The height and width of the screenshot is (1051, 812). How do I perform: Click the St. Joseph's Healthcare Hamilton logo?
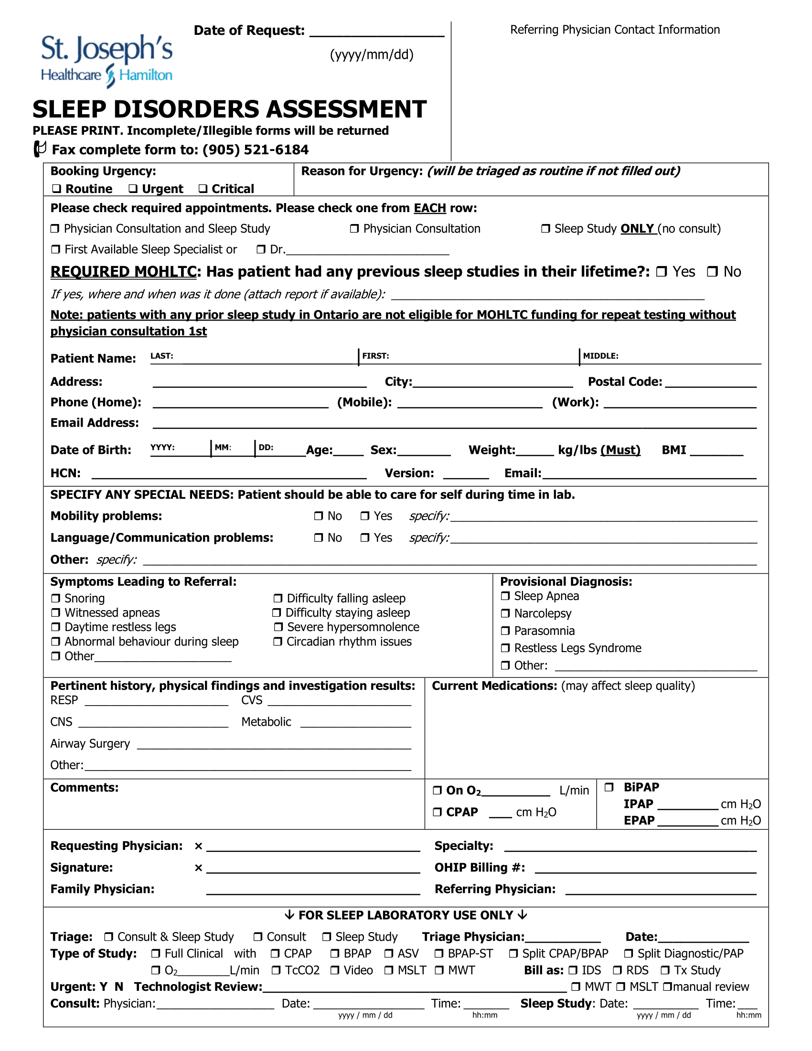[107, 61]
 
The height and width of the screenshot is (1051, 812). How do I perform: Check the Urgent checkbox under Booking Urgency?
[133, 189]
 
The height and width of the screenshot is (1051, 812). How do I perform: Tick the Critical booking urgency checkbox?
[203, 189]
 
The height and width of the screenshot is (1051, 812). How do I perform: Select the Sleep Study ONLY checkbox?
[545, 228]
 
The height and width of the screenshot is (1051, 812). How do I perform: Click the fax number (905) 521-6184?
[256, 150]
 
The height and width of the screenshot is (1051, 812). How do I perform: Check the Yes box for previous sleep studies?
[662, 272]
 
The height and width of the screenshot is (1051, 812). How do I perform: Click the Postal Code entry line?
[711, 384]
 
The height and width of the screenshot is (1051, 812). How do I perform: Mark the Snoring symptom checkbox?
[56, 598]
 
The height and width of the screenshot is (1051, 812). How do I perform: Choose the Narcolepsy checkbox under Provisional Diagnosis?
[505, 613]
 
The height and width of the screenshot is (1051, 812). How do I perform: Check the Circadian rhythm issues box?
[278, 642]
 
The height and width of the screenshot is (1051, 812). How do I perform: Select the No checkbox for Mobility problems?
[319, 516]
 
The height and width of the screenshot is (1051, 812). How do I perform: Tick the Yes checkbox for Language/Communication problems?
[365, 537]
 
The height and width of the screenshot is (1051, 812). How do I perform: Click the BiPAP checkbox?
[609, 787]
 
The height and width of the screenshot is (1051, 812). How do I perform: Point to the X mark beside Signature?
[198, 868]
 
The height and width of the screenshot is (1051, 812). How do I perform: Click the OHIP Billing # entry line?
[645, 869]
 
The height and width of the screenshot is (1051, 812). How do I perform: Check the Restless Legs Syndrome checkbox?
[505, 648]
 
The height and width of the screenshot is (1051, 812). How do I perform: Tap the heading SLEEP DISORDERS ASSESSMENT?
[229, 109]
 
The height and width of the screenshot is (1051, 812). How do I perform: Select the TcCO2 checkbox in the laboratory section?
[276, 970]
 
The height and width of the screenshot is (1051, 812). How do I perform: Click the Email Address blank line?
[454, 424]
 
